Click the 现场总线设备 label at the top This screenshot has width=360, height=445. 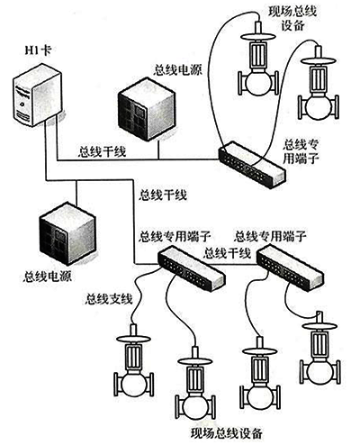point(293,19)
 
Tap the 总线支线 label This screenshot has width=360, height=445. point(108,298)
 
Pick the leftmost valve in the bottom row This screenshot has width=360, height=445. point(135,374)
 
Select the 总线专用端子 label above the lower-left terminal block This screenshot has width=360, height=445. point(172,237)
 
